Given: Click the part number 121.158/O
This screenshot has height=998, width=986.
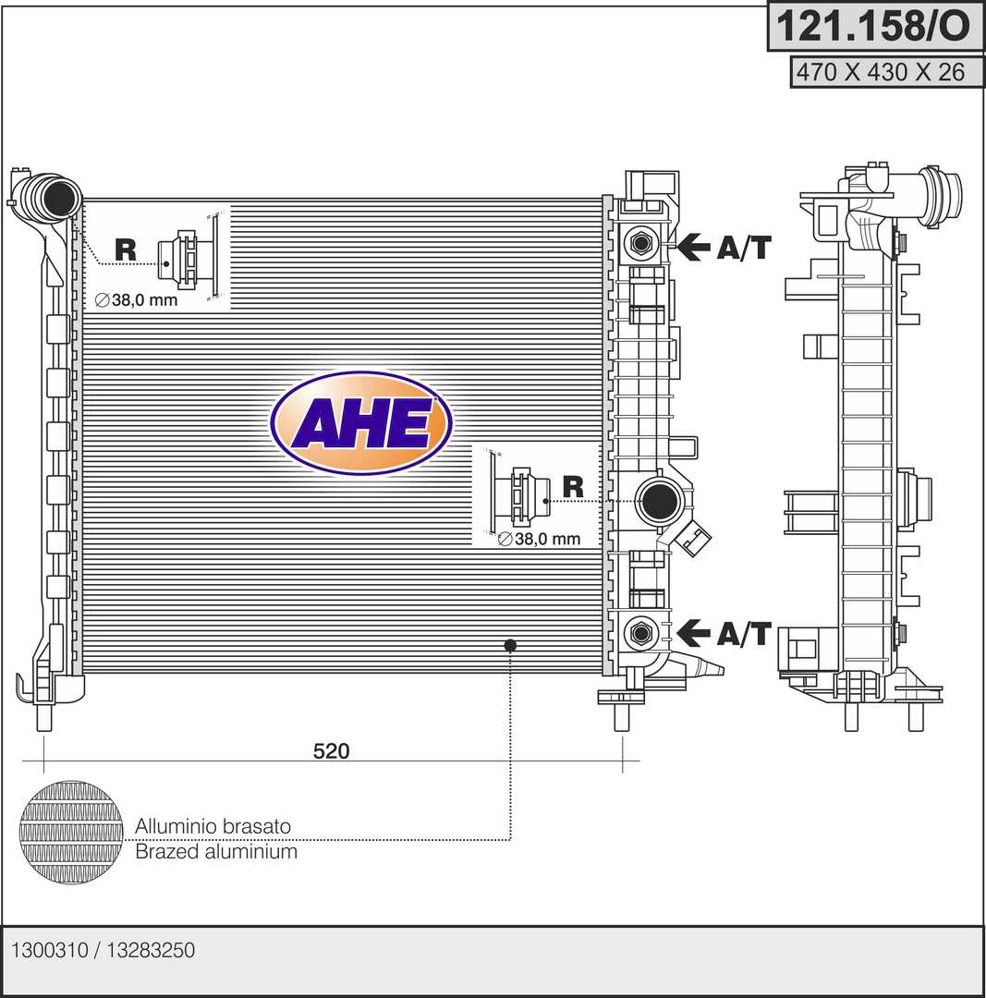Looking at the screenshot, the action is (872, 26).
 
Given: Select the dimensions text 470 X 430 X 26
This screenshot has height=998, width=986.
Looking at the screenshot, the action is (881, 72).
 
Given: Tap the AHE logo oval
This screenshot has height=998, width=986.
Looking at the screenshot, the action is (361, 422).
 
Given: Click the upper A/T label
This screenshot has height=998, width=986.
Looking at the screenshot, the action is (744, 247).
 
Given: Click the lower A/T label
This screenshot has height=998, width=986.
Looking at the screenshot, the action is (744, 633).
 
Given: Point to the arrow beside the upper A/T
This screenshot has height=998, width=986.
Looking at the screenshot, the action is (693, 247).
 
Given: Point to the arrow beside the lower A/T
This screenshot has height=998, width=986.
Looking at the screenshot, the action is (693, 633).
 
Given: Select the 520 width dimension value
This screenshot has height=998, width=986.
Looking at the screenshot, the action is (331, 751).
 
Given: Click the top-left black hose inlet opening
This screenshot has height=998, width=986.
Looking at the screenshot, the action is (59, 198).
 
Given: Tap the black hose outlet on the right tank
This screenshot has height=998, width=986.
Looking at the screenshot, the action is (659, 502).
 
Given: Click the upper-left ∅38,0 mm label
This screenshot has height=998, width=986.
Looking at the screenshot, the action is (136, 299).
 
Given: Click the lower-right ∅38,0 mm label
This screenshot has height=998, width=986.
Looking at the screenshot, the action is (539, 539).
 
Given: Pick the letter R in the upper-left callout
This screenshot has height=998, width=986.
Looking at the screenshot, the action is (126, 249).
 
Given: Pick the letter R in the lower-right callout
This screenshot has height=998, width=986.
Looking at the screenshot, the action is (573, 487).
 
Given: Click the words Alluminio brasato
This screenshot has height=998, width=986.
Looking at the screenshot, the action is (213, 826).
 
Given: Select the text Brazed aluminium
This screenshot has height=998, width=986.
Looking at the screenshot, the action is (216, 852).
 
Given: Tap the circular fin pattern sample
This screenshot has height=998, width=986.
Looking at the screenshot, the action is (70, 834).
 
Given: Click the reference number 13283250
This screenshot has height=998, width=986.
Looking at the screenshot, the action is (151, 950).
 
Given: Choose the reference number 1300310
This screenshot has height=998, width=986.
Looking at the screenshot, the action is (50, 950).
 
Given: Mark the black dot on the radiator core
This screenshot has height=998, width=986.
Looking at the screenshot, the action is (510, 645).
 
